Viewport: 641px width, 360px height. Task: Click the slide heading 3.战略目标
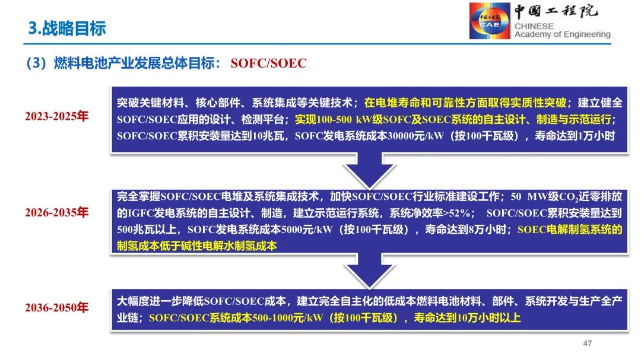tap(67, 28)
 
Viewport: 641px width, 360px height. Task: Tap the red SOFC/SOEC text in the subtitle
tap(268, 63)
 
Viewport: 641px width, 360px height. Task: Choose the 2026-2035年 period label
tap(56, 212)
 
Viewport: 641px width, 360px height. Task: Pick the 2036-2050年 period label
tap(56, 308)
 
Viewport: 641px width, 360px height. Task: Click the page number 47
tap(588, 343)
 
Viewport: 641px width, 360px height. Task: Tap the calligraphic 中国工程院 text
tap(556, 12)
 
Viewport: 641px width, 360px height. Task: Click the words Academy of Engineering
tap(562, 34)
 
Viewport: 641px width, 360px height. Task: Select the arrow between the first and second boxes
tap(366, 170)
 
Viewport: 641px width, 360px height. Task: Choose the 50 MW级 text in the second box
tap(532, 196)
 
